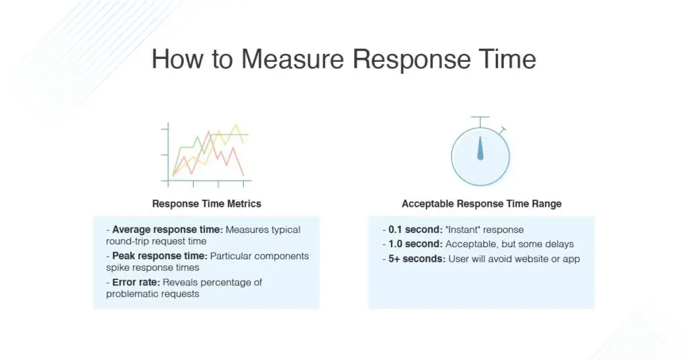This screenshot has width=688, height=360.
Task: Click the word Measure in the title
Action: click(x=292, y=59)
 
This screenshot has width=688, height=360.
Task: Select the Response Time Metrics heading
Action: click(x=207, y=204)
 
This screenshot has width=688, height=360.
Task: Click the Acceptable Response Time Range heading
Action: click(x=482, y=204)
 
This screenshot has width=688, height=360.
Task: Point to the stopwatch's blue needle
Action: click(x=480, y=148)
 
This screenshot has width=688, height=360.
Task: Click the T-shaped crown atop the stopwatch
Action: click(x=480, y=122)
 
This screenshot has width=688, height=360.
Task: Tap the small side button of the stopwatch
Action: click(x=503, y=131)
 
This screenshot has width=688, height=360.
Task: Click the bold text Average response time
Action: click(x=167, y=230)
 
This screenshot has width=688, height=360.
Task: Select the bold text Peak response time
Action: click(x=160, y=256)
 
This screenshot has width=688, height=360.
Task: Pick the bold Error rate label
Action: click(x=136, y=282)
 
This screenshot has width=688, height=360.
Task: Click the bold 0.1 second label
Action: click(x=415, y=230)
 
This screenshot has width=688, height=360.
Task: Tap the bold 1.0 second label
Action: click(x=415, y=244)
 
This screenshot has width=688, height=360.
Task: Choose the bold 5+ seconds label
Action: click(x=417, y=259)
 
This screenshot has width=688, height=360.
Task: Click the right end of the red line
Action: click(x=243, y=176)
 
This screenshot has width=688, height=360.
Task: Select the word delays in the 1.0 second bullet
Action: click(x=560, y=244)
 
